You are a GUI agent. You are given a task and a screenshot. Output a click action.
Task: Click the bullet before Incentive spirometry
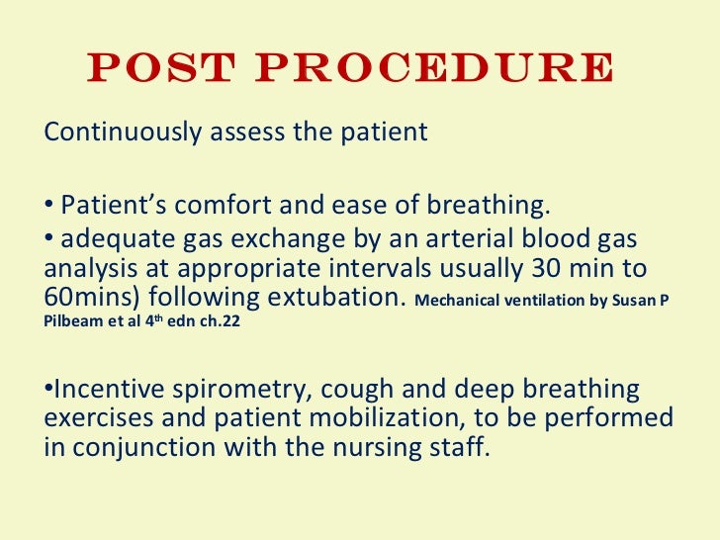48,388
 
